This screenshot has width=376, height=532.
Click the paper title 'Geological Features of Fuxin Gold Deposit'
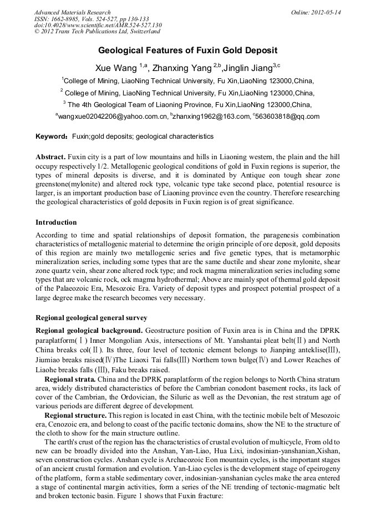187,50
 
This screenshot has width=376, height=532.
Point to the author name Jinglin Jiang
247,68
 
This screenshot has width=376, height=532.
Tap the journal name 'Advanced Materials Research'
72,12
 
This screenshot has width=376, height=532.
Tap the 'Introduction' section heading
56,222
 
